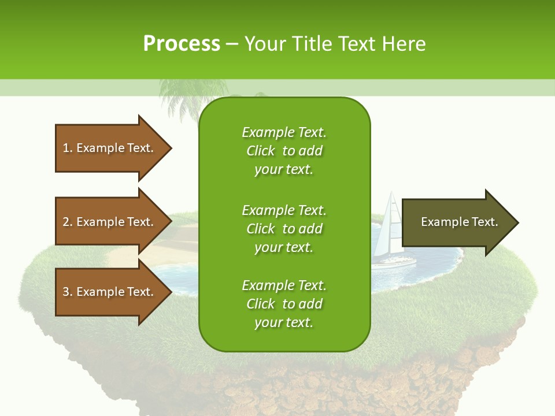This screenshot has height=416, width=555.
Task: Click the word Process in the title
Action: pos(182,44)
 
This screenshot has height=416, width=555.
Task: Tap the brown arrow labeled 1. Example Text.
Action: pos(110,148)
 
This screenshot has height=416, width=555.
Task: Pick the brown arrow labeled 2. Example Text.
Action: pos(110,222)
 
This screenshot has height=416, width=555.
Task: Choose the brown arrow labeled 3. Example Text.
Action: pos(110,292)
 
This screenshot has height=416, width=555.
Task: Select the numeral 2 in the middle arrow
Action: pos(66,222)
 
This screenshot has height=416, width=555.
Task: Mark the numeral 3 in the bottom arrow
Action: pos(66,292)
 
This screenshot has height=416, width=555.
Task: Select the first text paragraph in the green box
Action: pos(284,151)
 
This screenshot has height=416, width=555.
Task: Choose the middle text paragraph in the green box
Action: pos(284,229)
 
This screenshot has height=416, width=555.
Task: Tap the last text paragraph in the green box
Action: pos(284,304)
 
